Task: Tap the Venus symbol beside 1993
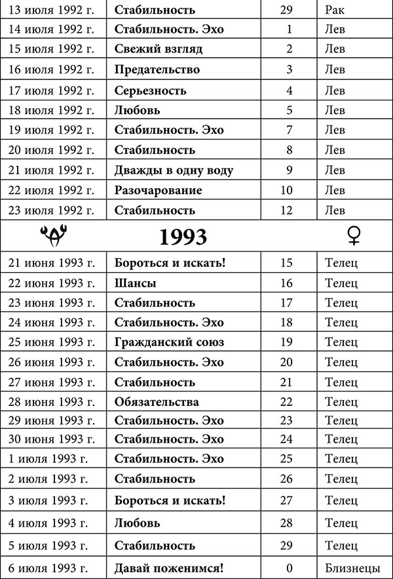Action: pyautogui.click(x=354, y=236)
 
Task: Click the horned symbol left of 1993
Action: pyautogui.click(x=52, y=234)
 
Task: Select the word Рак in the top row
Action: pyautogui.click(x=335, y=10)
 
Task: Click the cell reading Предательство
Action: pyautogui.click(x=157, y=70)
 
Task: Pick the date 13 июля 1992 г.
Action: pyautogui.click(x=51, y=10)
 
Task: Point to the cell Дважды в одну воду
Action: pyautogui.click(x=174, y=170)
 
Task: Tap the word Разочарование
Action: pyautogui.click(x=158, y=191)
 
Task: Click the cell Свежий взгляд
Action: pyautogui.click(x=158, y=49)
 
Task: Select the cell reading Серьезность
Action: pyautogui.click(x=150, y=90)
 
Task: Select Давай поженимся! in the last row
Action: pyautogui.click(x=170, y=567)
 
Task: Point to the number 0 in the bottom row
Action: pyautogui.click(x=288, y=567)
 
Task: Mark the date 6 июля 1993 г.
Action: pyautogui.click(x=48, y=567)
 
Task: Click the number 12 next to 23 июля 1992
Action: pyautogui.click(x=288, y=210)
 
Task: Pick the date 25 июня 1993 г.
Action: pyautogui.click(x=52, y=342)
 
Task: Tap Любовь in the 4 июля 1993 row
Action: pyautogui.click(x=138, y=523)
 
